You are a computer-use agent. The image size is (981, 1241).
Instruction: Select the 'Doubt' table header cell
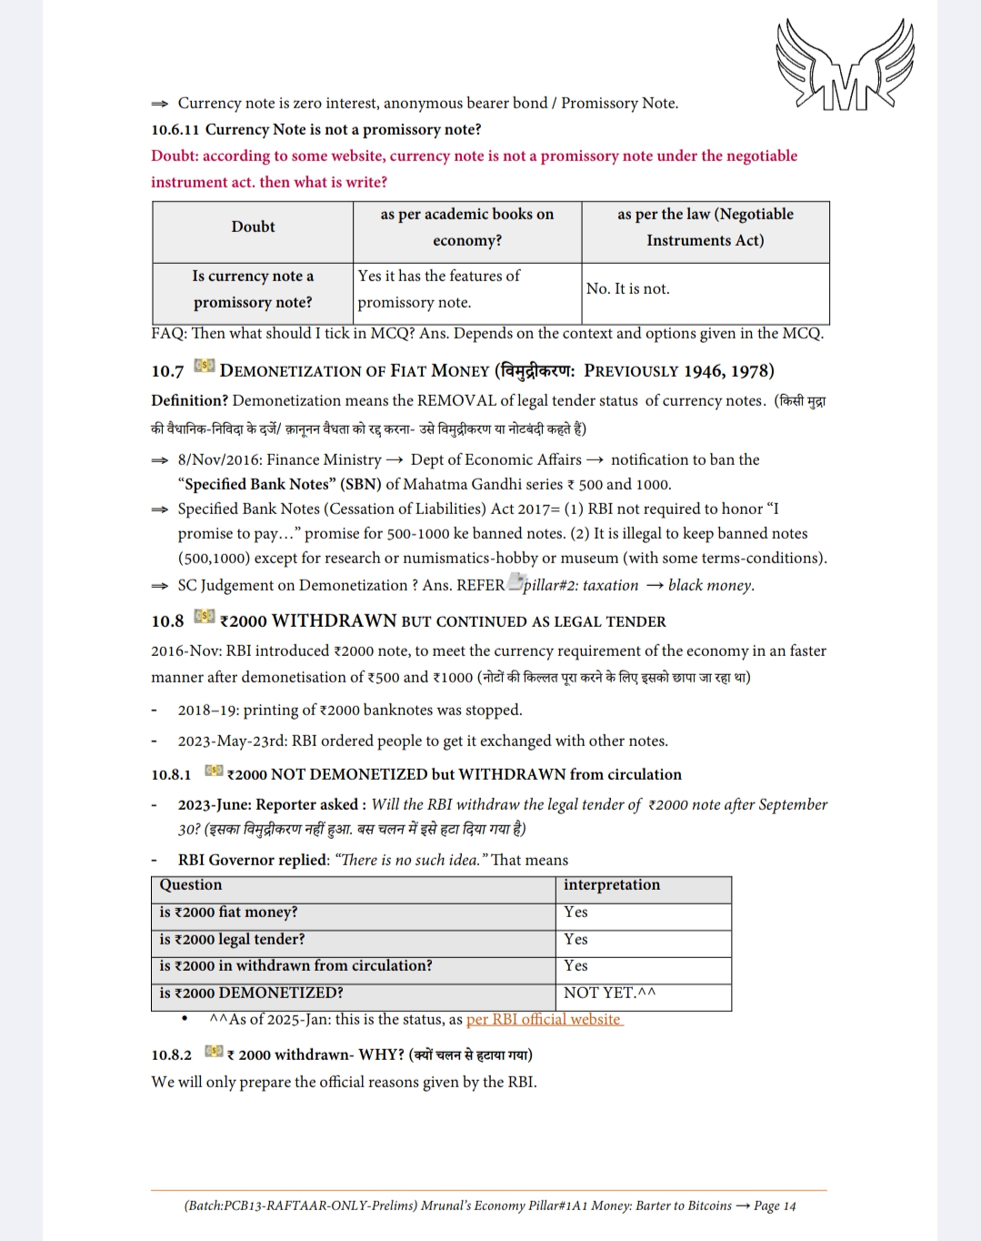(253, 227)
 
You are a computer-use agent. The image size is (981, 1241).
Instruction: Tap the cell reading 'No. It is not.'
(627, 288)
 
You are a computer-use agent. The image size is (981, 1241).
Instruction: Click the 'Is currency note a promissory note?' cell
(253, 288)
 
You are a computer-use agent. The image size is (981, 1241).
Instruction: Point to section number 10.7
(167, 371)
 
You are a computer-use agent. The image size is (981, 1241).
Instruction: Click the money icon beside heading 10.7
(204, 366)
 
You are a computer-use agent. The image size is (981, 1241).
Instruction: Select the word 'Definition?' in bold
(189, 400)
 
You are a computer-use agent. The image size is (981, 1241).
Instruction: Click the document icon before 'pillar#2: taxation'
(516, 582)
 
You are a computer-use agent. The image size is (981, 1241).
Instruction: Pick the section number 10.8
(167, 621)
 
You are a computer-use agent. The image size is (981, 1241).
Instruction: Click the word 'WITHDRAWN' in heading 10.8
(334, 621)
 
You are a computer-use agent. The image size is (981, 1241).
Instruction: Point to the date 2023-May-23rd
(232, 741)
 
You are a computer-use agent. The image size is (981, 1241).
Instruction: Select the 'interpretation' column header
(612, 884)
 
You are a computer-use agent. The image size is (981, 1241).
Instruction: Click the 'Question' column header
(191, 884)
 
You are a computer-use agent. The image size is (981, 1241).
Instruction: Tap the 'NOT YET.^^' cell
(609, 993)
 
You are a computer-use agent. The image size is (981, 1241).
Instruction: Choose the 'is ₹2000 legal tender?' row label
(232, 939)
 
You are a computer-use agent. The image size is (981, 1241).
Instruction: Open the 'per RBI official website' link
(544, 1019)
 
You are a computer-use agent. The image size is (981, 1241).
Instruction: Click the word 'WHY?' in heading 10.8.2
(381, 1054)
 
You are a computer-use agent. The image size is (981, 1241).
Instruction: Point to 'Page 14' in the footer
(775, 1206)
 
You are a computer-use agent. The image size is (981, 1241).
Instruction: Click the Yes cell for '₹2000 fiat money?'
(576, 912)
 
